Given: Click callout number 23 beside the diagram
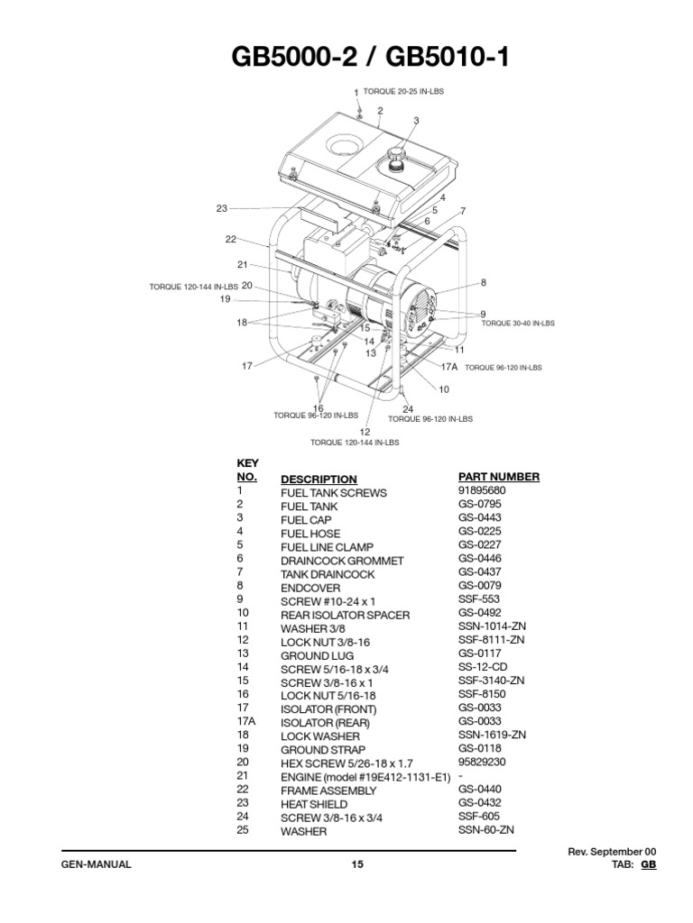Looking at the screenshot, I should pyautogui.click(x=222, y=208).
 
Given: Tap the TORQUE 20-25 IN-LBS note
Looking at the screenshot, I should pyautogui.click(x=403, y=92).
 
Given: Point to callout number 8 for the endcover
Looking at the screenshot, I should pyautogui.click(x=483, y=282).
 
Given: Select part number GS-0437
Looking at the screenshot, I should pyautogui.click(x=479, y=573).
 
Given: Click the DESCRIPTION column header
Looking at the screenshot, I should pyautogui.click(x=319, y=479).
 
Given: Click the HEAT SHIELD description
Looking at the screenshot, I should pyautogui.click(x=315, y=804).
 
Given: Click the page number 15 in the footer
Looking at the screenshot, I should pyautogui.click(x=357, y=865).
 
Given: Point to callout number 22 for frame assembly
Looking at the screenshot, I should pyautogui.click(x=230, y=239).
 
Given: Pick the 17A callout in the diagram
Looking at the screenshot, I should pyautogui.click(x=449, y=368).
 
